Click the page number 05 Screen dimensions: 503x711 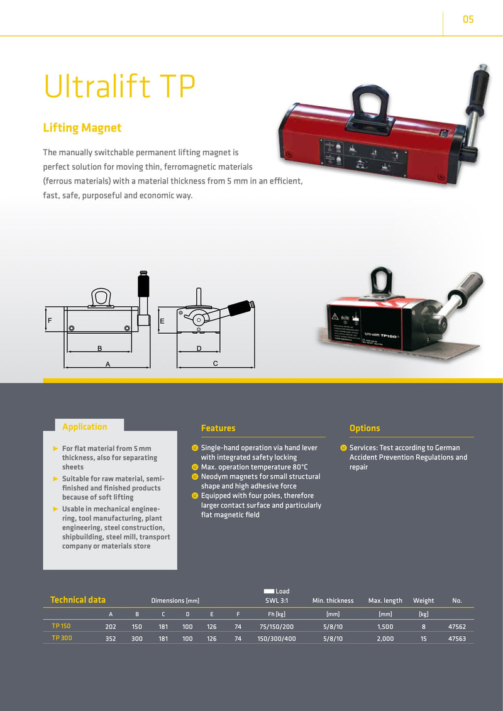click(x=468, y=19)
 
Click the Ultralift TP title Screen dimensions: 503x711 click(x=119, y=85)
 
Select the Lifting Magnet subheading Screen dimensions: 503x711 click(x=82, y=128)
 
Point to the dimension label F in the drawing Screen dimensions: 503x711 click(x=50, y=321)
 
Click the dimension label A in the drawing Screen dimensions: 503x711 click(x=108, y=363)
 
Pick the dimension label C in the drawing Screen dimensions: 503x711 click(x=216, y=363)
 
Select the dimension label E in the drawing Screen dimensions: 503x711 click(x=162, y=321)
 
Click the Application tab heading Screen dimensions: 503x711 click(x=85, y=427)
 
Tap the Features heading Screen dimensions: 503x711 click(x=218, y=428)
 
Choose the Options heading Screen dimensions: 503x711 click(x=365, y=428)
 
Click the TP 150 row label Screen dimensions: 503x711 click(x=61, y=626)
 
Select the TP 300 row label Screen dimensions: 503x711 click(x=62, y=638)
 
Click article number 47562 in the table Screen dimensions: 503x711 click(x=456, y=627)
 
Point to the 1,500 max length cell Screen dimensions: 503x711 click(x=385, y=627)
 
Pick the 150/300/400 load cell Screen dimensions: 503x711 click(x=276, y=639)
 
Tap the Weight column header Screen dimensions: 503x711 click(x=423, y=600)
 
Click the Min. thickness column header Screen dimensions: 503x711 click(x=333, y=600)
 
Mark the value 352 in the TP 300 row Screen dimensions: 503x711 click(x=110, y=639)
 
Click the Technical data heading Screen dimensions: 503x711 click(x=77, y=600)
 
